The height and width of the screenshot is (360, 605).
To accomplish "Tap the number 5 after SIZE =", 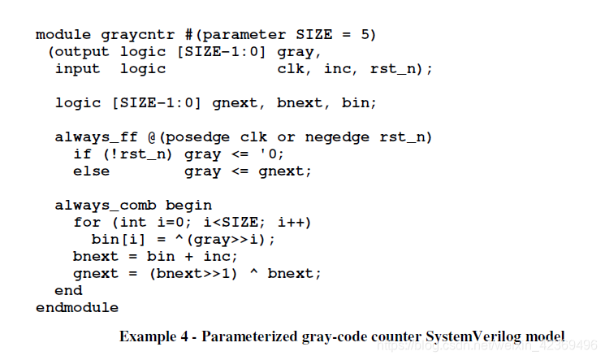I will (369, 35).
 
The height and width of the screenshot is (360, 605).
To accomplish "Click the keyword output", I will (82, 52).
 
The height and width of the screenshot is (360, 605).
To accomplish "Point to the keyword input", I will (77, 69).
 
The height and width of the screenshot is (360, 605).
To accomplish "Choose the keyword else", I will (91, 171).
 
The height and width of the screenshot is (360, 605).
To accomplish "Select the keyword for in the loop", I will (87, 222).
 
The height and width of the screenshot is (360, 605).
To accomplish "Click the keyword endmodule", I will (77, 308).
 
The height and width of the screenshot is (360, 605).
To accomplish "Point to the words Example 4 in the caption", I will (156, 336).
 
